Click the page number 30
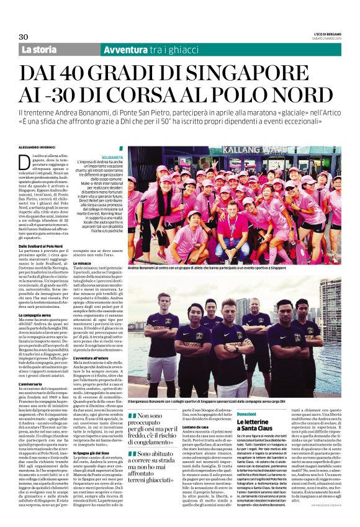pos(24,37)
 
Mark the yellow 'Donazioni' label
pos(246,413)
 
